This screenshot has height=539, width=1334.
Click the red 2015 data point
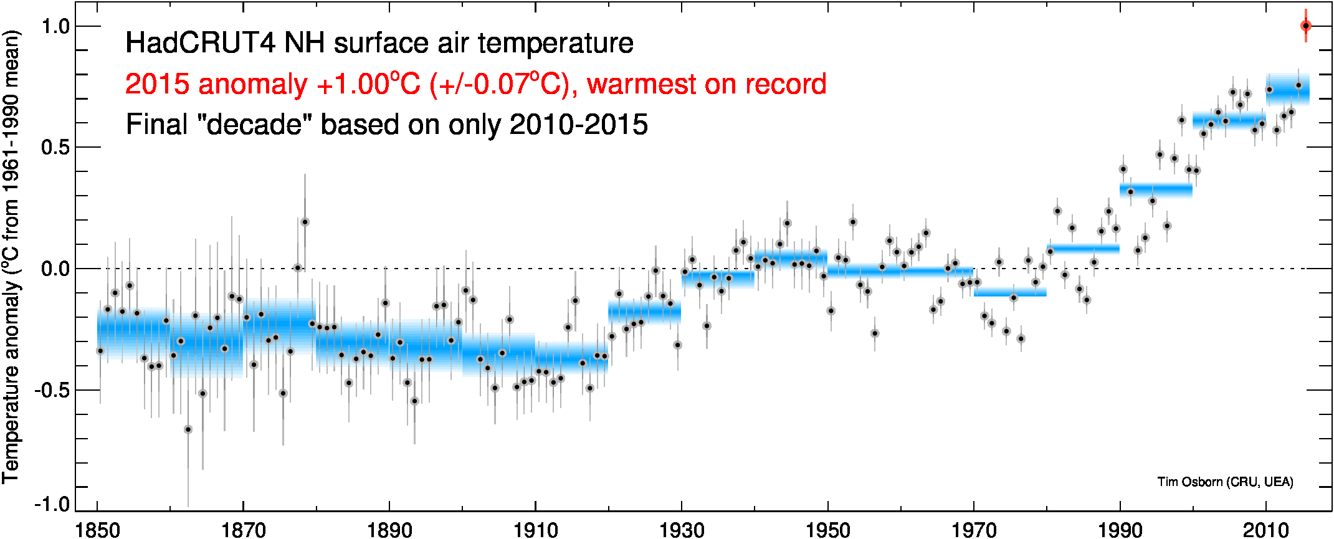coord(1305,26)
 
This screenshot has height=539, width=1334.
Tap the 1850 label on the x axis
coord(97,530)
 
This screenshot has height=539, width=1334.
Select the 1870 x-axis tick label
coord(244,530)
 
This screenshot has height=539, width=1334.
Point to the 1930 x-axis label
coord(682,530)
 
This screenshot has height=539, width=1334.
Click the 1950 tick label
coord(827,530)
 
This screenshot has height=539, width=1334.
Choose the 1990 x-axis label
coord(1120,530)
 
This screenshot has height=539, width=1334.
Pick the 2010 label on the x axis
coord(1265,530)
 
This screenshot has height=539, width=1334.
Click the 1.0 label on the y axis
coord(55,26)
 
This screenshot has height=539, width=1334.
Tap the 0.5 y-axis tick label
coord(55,148)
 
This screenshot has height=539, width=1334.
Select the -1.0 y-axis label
coord(52,504)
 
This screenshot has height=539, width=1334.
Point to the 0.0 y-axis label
coord(55,269)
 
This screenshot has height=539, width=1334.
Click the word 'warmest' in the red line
coord(660,84)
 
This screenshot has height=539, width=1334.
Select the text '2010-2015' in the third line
coord(578,125)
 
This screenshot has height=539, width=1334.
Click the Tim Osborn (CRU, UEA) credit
coord(1225,482)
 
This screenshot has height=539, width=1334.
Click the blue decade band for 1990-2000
coord(1156,190)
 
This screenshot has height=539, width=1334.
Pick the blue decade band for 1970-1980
coord(1010,292)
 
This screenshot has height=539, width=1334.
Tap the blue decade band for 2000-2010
coord(1229,120)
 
